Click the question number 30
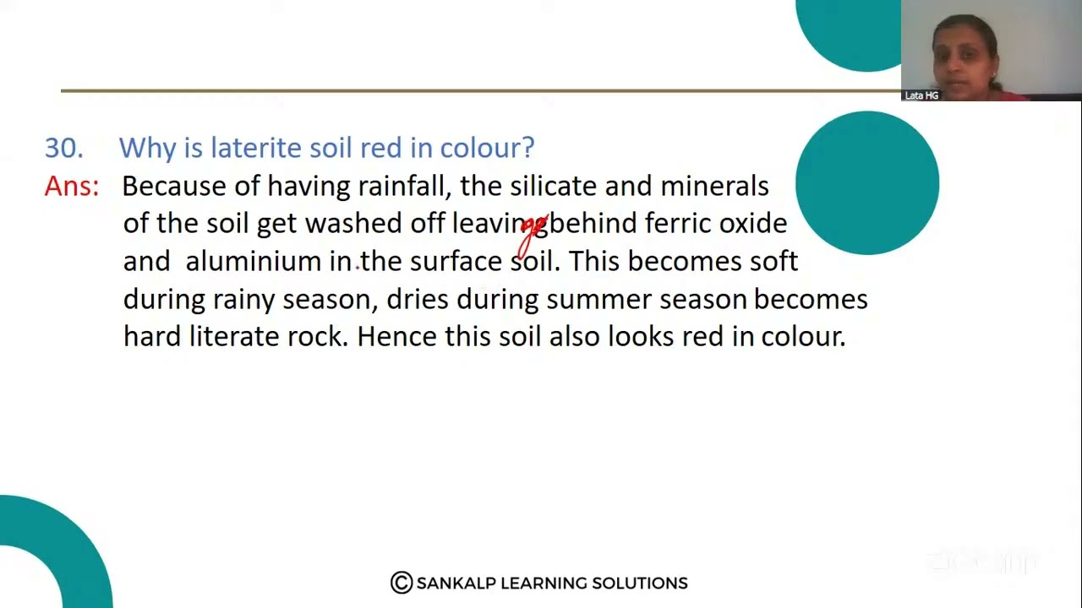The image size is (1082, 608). [x=63, y=148]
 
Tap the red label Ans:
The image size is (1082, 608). [x=71, y=187]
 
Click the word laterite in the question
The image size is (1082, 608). [x=256, y=148]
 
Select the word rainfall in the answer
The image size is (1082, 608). [x=404, y=186]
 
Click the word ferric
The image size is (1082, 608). [x=678, y=224]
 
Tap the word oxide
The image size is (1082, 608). [x=752, y=224]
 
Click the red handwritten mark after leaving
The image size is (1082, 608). [x=533, y=232]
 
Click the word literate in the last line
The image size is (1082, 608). [x=234, y=337]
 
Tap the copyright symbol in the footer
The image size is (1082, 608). [x=402, y=583]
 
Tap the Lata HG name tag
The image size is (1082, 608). [x=921, y=95]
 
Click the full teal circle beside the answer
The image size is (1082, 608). [x=867, y=182]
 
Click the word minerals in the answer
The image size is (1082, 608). [x=714, y=186]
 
